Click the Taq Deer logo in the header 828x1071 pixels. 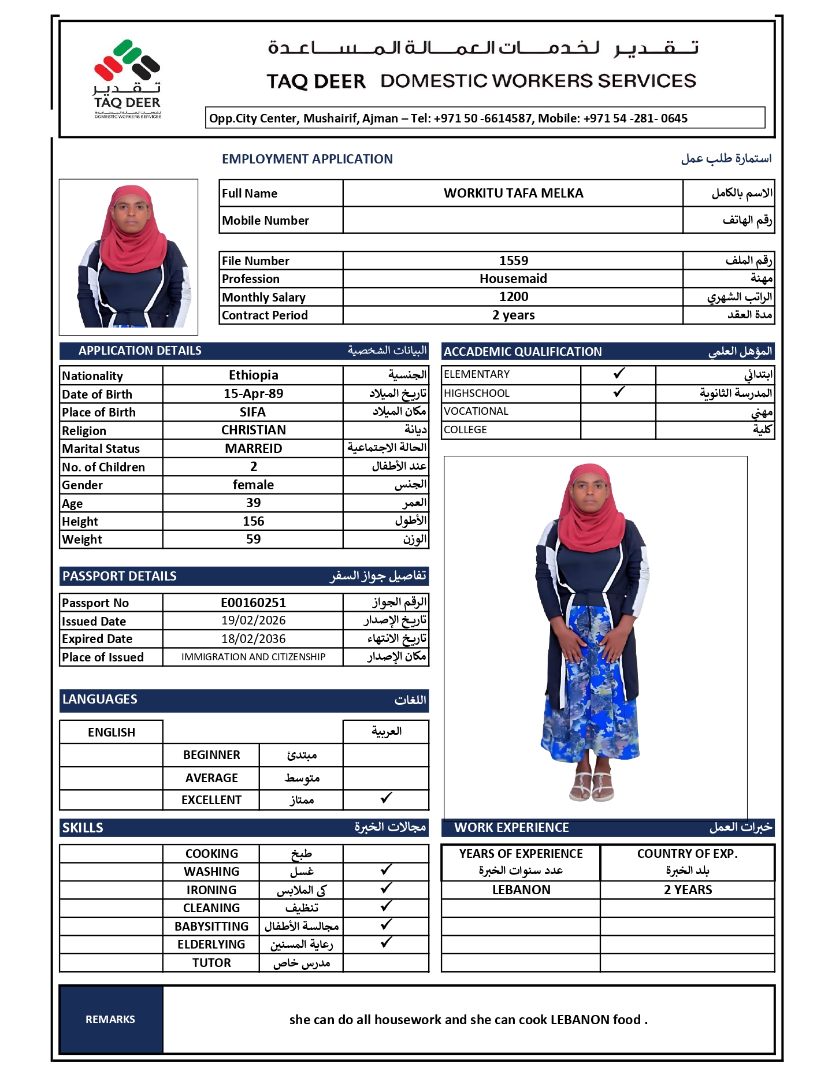click(x=127, y=78)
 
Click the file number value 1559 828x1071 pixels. click(x=513, y=261)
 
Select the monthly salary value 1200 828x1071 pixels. click(x=513, y=297)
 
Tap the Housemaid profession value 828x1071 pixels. click(x=513, y=278)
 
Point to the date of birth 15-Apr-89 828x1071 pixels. click(x=253, y=393)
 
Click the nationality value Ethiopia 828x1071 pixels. click(x=253, y=375)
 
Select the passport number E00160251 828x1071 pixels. click(x=253, y=603)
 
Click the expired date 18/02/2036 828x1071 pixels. click(x=253, y=638)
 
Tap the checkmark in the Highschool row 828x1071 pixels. click(x=619, y=392)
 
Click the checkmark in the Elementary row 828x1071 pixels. click(x=619, y=374)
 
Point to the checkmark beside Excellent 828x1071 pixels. click(x=386, y=798)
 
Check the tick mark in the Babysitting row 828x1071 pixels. click(x=386, y=925)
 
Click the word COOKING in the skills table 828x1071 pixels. click(x=211, y=853)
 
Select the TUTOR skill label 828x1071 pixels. click(x=211, y=962)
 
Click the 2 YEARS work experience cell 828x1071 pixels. click(x=688, y=890)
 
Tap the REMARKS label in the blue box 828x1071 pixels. click(x=110, y=1020)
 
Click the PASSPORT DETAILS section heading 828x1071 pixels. click(x=120, y=576)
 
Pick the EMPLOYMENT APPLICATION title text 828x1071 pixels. click(x=307, y=159)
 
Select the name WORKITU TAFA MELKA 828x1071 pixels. click(x=513, y=193)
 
